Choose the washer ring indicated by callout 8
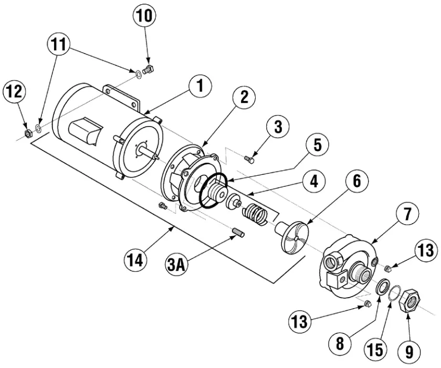click(x=382, y=288)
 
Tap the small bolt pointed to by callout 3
click(x=250, y=156)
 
